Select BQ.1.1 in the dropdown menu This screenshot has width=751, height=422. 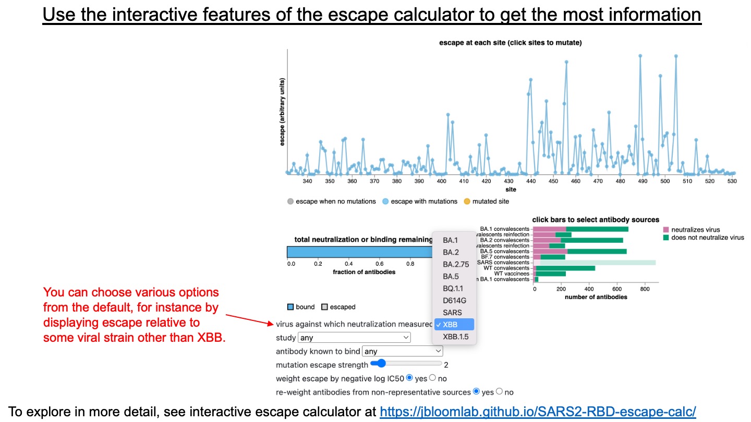[x=453, y=289]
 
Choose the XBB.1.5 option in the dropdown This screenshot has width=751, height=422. [x=455, y=337]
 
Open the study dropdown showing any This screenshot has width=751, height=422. [x=354, y=338]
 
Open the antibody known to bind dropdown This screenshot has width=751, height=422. [x=403, y=351]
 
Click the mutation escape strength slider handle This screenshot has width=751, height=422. [x=381, y=363]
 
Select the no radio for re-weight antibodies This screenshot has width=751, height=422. [x=500, y=391]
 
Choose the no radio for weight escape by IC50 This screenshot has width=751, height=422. [x=432, y=378]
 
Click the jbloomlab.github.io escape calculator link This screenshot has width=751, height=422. [x=537, y=412]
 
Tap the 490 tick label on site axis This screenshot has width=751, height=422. [x=643, y=181]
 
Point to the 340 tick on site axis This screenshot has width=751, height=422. [x=307, y=181]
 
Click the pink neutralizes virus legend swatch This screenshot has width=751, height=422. [x=666, y=230]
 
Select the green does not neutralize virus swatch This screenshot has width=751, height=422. [x=666, y=237]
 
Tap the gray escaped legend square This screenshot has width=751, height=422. [x=324, y=307]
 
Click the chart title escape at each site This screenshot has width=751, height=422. [x=511, y=43]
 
